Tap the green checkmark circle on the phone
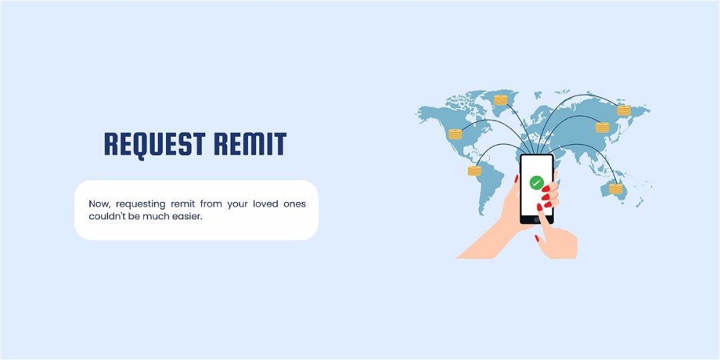[x=537, y=182]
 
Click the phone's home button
[x=537, y=218]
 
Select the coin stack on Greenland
[x=501, y=100]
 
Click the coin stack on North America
[x=455, y=133]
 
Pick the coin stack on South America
[x=474, y=171]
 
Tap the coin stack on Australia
[x=615, y=188]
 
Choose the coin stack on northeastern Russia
[x=623, y=110]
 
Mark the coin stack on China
[x=602, y=127]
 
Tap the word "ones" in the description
[x=293, y=203]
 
